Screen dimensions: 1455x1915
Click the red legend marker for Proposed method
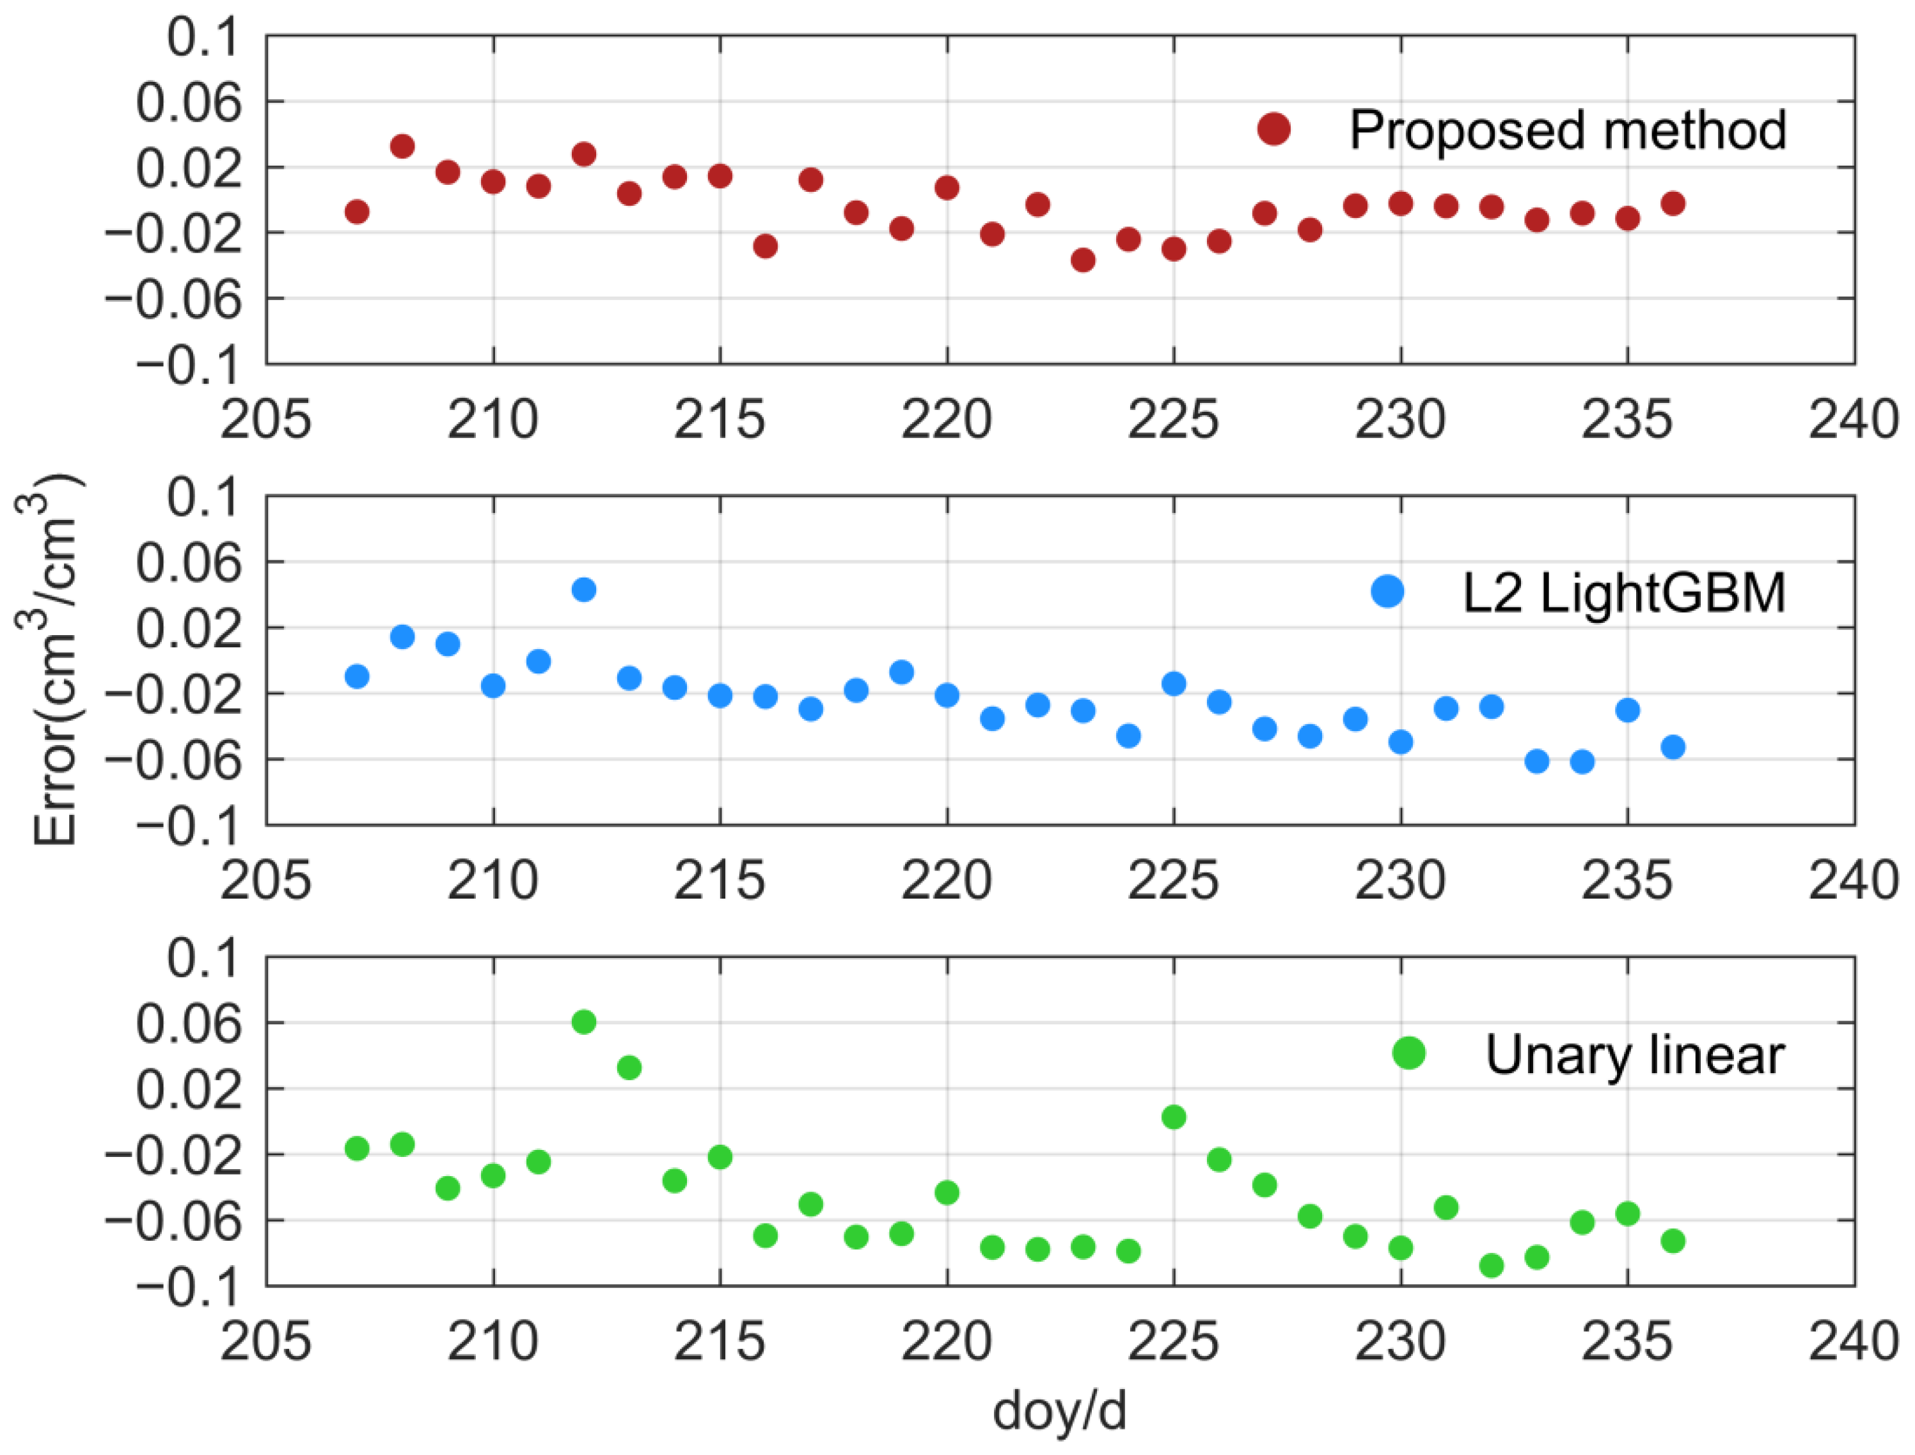pyautogui.click(x=1273, y=129)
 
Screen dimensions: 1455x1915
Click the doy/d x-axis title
pyautogui.click(x=1059, y=1411)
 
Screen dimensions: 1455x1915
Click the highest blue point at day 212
pyautogui.click(x=584, y=590)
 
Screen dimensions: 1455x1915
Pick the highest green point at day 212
pyautogui.click(x=584, y=1022)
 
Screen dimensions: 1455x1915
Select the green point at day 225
pyautogui.click(x=1174, y=1117)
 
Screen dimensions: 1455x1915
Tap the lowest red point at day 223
pyautogui.click(x=1083, y=260)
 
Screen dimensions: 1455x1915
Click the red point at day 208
pyautogui.click(x=402, y=146)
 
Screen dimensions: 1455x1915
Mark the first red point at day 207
pyautogui.click(x=357, y=211)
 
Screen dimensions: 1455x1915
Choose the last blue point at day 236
pyautogui.click(x=1673, y=746)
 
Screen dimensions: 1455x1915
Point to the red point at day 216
pyautogui.click(x=765, y=246)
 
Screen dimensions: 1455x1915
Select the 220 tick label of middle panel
pyautogui.click(x=946, y=881)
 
